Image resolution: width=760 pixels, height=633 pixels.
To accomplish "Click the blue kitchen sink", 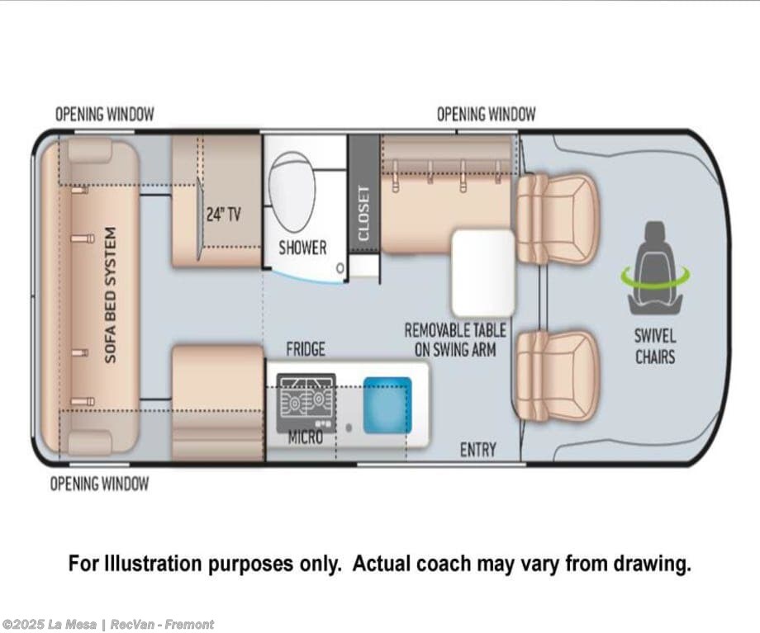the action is pos(387,405).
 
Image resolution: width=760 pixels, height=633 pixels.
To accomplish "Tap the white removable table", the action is pos(482,273).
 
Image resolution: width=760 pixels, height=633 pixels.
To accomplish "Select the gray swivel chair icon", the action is pos(655,268).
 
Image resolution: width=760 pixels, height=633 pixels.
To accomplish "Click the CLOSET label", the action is pos(364,214).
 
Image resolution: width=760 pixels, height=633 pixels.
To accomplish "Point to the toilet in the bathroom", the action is pos(292,191).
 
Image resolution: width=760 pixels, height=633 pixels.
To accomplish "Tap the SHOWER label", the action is pos(302,248).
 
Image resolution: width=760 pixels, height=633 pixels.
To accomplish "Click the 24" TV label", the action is pos(223,214).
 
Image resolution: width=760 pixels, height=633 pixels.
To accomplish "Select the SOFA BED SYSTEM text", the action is pos(111,295).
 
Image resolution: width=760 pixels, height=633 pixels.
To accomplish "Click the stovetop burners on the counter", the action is pos(306,401).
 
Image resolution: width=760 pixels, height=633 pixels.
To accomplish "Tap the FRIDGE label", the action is pos(306,349).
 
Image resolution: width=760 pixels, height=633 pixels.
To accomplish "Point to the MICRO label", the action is pos(306,438).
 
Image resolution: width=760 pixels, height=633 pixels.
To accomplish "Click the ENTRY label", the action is pos(478,450).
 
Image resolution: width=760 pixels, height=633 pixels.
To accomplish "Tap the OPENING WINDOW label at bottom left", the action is pos(99,484).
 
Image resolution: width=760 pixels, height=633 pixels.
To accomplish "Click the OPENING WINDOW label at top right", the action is pos(486,114).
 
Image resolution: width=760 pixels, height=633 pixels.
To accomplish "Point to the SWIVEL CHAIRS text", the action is pos(655,347).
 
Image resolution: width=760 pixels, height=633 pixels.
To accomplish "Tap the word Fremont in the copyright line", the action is pos(189,624).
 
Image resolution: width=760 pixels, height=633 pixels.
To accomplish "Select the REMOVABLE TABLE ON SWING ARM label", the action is pos(455,340).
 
